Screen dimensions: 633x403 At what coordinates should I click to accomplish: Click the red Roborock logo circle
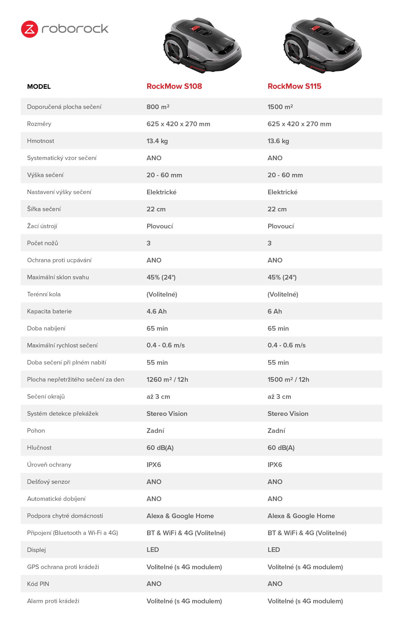[x=29, y=29]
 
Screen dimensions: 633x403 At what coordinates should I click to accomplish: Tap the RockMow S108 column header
[x=174, y=86]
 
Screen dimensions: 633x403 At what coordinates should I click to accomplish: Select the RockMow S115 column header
[x=294, y=86]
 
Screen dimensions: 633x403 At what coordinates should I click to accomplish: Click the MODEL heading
[x=39, y=87]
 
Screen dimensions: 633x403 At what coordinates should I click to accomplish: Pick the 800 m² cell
[x=158, y=107]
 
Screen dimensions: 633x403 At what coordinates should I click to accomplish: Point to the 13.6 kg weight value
[x=278, y=141]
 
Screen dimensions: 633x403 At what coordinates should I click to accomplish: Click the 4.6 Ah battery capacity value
[x=157, y=311]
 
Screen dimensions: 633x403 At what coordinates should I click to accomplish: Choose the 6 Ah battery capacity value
[x=275, y=311]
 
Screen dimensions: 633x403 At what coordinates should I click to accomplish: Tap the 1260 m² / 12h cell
[x=167, y=380]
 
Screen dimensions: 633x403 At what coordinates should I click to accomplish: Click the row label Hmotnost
[x=40, y=141]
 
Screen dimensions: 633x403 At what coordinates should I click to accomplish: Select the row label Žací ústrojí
[x=42, y=226]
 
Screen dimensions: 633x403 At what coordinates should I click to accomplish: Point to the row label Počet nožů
[x=42, y=243]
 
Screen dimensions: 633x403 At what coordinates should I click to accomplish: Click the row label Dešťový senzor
[x=48, y=482]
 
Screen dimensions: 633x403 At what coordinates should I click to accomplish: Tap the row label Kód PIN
[x=38, y=584]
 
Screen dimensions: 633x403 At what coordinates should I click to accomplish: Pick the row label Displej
[x=36, y=550]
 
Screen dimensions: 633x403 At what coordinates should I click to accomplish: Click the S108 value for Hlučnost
[x=160, y=448]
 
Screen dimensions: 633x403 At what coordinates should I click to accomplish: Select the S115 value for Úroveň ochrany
[x=275, y=465]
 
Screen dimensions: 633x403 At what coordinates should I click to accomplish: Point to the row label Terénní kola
[x=44, y=294]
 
